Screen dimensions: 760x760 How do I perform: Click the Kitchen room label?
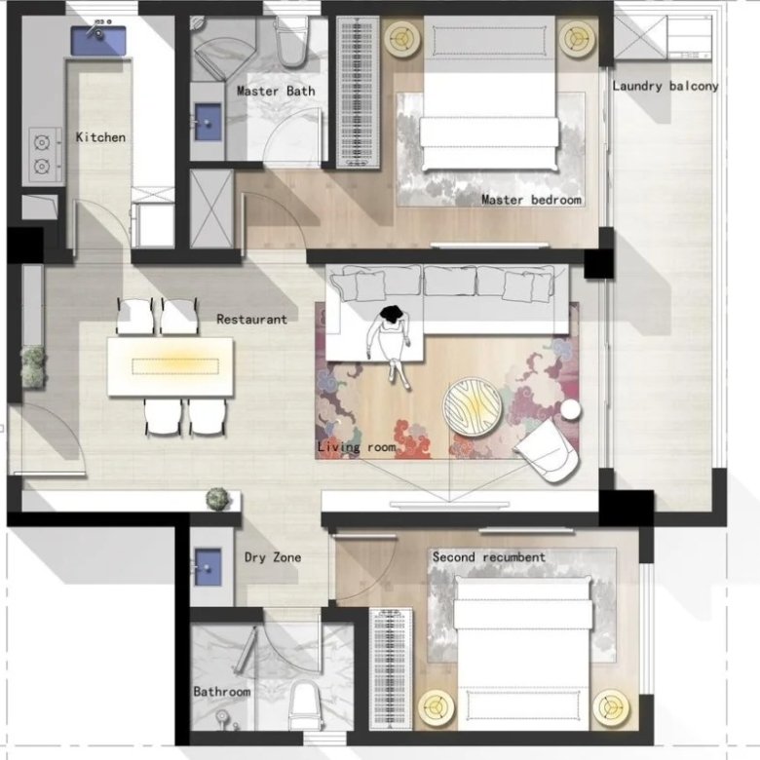click(x=100, y=137)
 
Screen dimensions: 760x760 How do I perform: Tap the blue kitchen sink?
click(x=98, y=41)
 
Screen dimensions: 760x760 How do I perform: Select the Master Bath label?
click(x=276, y=92)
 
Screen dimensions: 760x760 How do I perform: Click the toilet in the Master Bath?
click(x=291, y=42)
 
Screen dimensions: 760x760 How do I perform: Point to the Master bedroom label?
click(x=531, y=200)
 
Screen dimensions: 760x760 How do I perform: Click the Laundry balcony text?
click(x=665, y=87)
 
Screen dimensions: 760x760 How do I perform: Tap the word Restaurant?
click(x=251, y=320)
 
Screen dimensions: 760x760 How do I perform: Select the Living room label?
click(x=357, y=447)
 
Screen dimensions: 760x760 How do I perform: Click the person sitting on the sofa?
click(x=391, y=345)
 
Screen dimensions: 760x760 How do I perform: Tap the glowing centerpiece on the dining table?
click(x=175, y=366)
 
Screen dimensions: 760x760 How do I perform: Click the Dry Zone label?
click(x=273, y=557)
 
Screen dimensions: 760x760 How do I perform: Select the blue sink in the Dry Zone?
click(x=208, y=567)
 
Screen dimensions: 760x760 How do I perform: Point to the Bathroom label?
click(x=222, y=692)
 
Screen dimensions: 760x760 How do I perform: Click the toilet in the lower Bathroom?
click(x=305, y=704)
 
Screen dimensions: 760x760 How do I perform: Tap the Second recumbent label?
click(x=488, y=557)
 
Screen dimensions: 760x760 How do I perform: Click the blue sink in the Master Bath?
click(x=208, y=122)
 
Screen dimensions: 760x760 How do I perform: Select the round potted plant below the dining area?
click(x=217, y=499)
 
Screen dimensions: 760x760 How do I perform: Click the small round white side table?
click(x=571, y=409)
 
